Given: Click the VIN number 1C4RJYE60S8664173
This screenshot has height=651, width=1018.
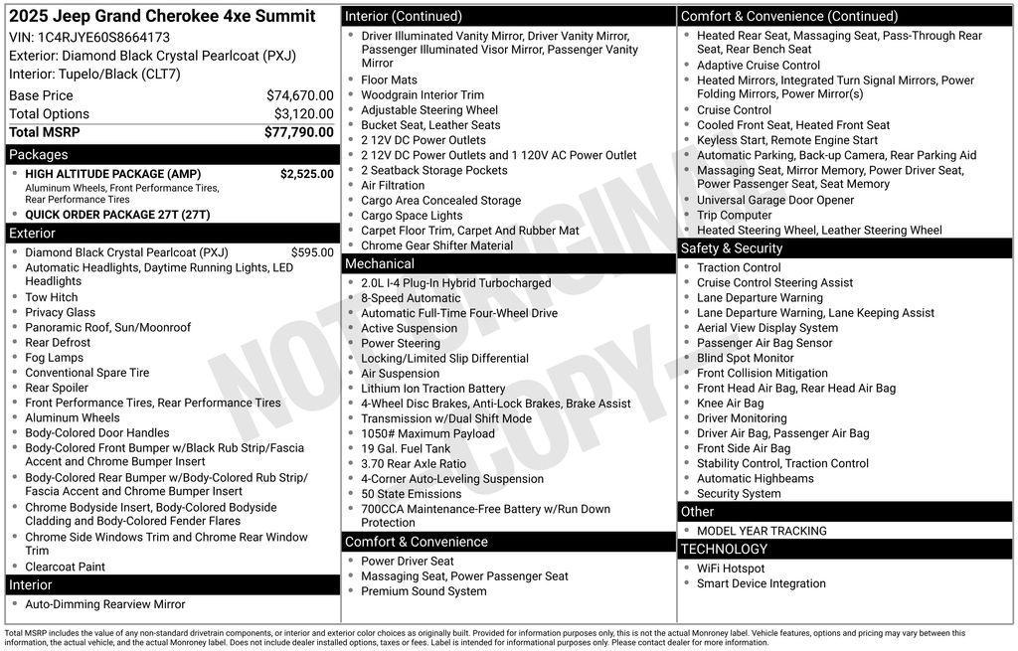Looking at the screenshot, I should point(103,38).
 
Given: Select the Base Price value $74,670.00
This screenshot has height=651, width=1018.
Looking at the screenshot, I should point(299,95).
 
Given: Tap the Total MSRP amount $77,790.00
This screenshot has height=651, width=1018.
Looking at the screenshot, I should point(298,132).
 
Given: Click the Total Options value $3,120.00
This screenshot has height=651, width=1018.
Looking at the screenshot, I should point(303,113).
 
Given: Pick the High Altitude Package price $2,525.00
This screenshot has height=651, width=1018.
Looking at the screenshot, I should point(306,174).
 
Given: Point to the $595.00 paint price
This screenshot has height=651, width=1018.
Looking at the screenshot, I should point(312,252).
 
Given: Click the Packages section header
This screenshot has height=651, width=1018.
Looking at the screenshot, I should point(39,154).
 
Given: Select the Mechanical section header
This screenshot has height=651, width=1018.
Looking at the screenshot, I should point(379,263).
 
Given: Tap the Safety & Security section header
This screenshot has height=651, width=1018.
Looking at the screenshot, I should point(732,248).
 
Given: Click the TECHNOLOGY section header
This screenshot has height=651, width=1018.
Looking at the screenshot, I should point(724,549).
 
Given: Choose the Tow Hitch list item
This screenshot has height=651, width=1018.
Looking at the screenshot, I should point(52,297).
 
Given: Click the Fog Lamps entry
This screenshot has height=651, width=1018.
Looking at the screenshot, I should point(55,358).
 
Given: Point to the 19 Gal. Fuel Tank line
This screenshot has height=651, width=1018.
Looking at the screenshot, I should point(406,448).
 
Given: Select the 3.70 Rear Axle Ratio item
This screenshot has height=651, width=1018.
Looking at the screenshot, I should point(414,463).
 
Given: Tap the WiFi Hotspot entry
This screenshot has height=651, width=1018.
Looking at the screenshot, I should point(731,569).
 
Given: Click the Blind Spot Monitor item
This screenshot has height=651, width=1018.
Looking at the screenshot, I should point(745,358).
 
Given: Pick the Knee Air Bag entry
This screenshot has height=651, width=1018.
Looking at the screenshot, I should point(730,404).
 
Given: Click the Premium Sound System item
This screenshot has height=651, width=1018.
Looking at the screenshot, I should point(424,591).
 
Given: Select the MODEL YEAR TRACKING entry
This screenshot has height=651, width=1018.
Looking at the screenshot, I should point(762,531).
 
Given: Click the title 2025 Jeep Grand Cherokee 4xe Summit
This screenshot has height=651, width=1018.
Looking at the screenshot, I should point(162,16).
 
